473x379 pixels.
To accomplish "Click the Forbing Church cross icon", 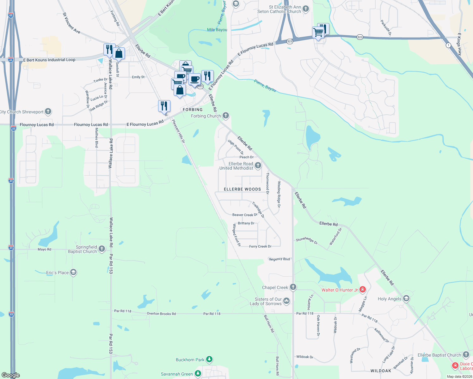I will click(226, 116).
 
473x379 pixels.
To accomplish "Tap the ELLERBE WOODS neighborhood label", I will click(242, 189).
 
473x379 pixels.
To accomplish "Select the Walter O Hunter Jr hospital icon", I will click(363, 290).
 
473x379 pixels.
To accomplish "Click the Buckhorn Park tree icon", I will click(209, 359).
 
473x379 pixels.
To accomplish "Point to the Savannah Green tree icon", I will click(198, 374).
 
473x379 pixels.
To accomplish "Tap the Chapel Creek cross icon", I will click(293, 287).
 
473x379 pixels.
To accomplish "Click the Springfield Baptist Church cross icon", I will click(102, 249).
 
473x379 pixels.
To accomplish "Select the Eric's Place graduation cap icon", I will click(73, 272).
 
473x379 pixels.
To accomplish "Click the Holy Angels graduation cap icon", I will click(406, 298).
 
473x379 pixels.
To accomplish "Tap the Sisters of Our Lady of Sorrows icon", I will click(286, 301).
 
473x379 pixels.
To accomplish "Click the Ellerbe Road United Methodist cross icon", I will click(258, 165).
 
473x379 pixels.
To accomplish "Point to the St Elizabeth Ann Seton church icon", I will click(306, 9).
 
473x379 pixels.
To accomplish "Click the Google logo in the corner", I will click(10, 375).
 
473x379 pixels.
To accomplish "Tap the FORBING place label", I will click(193, 110).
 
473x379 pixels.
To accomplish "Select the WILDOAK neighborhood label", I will click(381, 371).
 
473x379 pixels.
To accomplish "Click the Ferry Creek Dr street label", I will click(260, 246).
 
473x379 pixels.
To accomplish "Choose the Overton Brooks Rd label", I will click(161, 314).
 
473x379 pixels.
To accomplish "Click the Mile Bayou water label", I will click(217, 30).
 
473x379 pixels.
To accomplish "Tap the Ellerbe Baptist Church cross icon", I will click(466, 355).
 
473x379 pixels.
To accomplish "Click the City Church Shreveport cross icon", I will click(48, 111).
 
